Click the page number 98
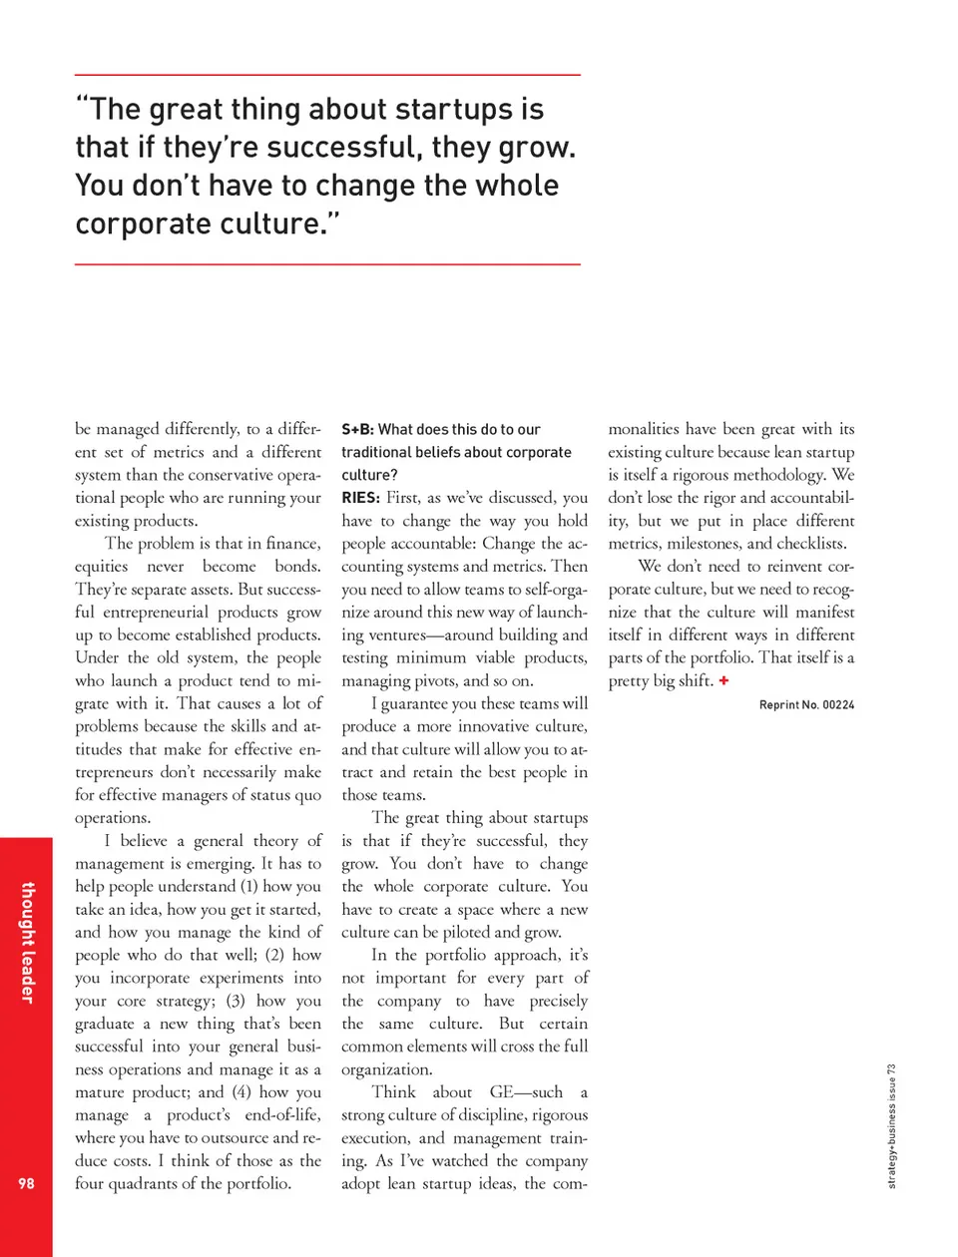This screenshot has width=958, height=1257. pos(26,1183)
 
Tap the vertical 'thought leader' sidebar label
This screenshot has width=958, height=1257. pos(28,942)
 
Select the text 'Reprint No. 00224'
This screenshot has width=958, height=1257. pos(806,704)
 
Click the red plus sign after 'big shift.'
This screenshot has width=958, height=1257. pos(723,680)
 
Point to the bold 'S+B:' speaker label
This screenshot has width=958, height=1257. pos(357,429)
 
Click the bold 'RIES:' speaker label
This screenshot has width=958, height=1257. pos(360,498)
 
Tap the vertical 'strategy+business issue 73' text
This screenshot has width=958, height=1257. pos(891,1125)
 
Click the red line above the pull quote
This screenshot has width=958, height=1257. pos(327,75)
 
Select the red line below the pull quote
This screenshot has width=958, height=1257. pos(327,264)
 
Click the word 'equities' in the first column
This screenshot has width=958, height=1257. pos(101,567)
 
